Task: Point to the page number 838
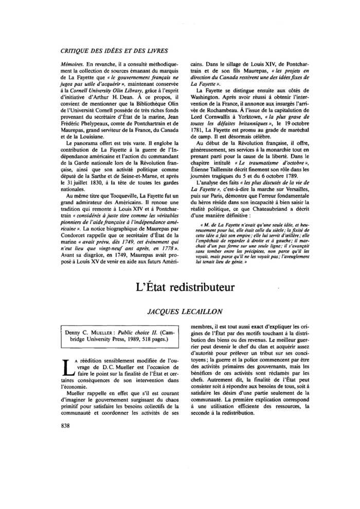66,425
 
